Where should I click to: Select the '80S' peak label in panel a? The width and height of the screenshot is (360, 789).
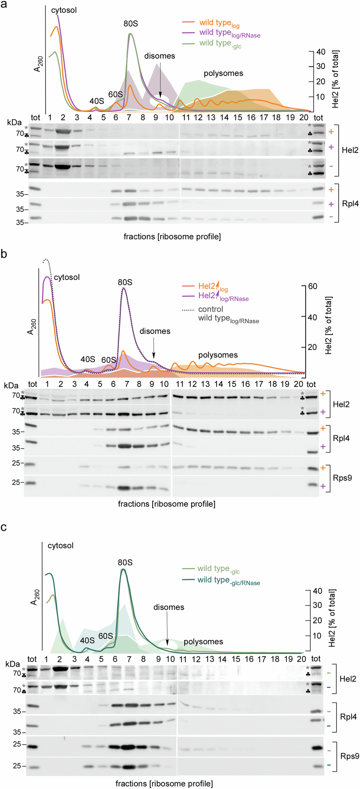pos(130,24)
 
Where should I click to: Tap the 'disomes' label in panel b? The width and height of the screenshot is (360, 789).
pos(155,331)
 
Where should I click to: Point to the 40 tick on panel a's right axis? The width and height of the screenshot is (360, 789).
pos(320,52)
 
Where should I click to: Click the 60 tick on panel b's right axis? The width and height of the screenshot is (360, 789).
pos(312,286)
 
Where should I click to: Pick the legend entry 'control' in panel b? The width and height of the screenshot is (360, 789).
pos(210,309)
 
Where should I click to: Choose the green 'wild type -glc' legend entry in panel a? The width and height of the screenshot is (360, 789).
pos(220,43)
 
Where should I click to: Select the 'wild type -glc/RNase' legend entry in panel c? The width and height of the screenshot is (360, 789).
pos(228,580)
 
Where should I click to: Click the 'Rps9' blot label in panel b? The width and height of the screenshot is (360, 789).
pos(342,478)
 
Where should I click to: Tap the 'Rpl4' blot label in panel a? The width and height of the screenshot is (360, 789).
pos(350,204)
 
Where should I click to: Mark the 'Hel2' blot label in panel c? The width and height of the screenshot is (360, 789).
pos(348,679)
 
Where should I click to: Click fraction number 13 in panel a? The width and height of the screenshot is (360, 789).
pos(211,118)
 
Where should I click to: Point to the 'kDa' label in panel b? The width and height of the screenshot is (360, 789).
pos(11,385)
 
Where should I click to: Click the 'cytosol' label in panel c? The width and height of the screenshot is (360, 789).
pos(60,545)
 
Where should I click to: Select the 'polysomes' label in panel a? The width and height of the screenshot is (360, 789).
pos(223,73)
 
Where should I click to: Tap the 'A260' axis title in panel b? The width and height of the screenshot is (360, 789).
pos(31,327)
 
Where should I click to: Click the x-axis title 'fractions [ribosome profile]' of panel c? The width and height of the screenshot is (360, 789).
pos(164,783)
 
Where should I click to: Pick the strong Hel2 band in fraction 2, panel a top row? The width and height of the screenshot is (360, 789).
pos(63,132)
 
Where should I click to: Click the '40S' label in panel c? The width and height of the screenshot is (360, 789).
pos(87,640)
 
